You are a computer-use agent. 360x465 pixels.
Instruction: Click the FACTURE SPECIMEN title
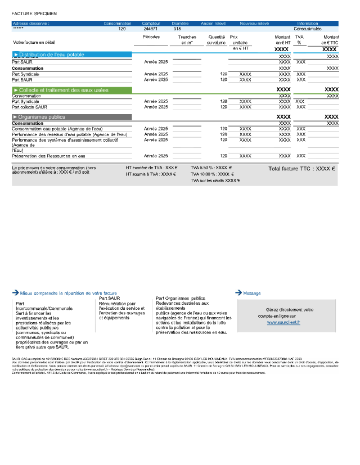(x=34, y=13)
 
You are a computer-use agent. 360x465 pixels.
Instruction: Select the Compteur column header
(x=151, y=24)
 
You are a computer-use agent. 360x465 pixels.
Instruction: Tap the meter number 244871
(x=150, y=28)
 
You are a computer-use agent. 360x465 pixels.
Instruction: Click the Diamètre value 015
(x=177, y=28)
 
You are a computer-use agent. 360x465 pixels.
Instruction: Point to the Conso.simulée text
(x=308, y=28)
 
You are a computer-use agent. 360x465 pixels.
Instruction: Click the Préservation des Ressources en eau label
(x=48, y=156)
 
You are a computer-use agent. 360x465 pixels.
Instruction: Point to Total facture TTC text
(x=301, y=168)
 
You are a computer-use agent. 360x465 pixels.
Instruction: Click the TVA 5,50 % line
(x=211, y=168)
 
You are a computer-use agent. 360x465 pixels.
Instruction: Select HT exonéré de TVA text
(x=151, y=168)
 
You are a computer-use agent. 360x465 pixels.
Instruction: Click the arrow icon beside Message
(x=238, y=292)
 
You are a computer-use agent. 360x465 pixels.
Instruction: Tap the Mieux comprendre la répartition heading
(x=68, y=293)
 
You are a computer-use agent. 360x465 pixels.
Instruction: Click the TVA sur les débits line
(x=215, y=180)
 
